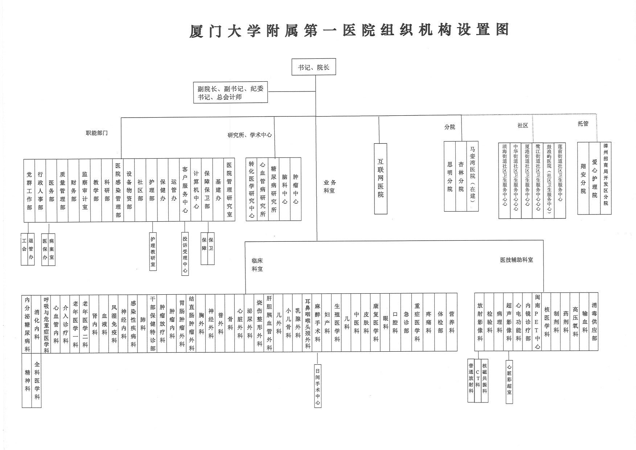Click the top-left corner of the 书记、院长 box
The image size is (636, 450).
[x=292, y=58]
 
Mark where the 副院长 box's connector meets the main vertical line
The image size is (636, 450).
[x=316, y=91]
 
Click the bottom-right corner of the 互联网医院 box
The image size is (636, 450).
[x=387, y=214]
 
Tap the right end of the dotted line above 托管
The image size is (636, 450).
[x=597, y=115]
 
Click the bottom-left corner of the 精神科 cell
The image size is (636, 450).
[x=22, y=407]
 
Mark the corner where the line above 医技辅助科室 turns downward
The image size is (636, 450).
[x=543, y=240]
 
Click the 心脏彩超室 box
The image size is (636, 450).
[x=509, y=381]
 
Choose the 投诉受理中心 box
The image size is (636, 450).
[x=185, y=254]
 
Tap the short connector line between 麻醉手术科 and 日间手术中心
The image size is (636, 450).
[x=317, y=357]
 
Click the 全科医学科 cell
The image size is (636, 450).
[x=37, y=380]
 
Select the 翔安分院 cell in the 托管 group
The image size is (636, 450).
[x=583, y=178]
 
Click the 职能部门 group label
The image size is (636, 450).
[x=97, y=133]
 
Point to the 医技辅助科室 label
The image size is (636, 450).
[x=517, y=260]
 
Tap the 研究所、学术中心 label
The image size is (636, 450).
[x=250, y=135]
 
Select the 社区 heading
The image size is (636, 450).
[x=523, y=125]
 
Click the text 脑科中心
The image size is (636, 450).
[x=285, y=189]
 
